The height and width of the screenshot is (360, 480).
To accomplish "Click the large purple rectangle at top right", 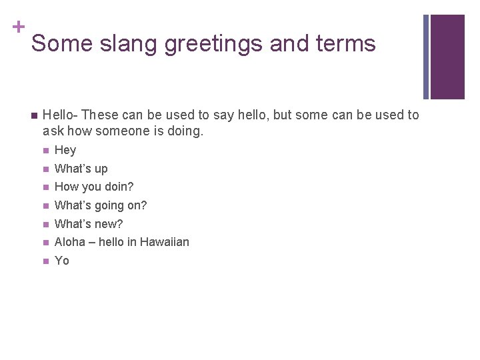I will pyautogui.click(x=447, y=57).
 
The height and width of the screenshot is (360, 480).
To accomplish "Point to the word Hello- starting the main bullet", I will pyautogui.click(x=60, y=115).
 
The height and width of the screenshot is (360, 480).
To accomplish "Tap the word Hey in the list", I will pyautogui.click(x=65, y=150).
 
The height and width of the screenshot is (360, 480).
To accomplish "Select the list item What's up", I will pyautogui.click(x=81, y=169).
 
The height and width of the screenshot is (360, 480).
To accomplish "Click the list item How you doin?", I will pyautogui.click(x=94, y=187).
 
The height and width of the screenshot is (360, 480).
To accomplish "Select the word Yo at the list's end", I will pyautogui.click(x=62, y=261).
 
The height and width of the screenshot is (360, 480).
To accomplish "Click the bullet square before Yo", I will pyautogui.click(x=45, y=261).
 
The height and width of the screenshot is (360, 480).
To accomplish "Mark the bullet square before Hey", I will pyautogui.click(x=45, y=151).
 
